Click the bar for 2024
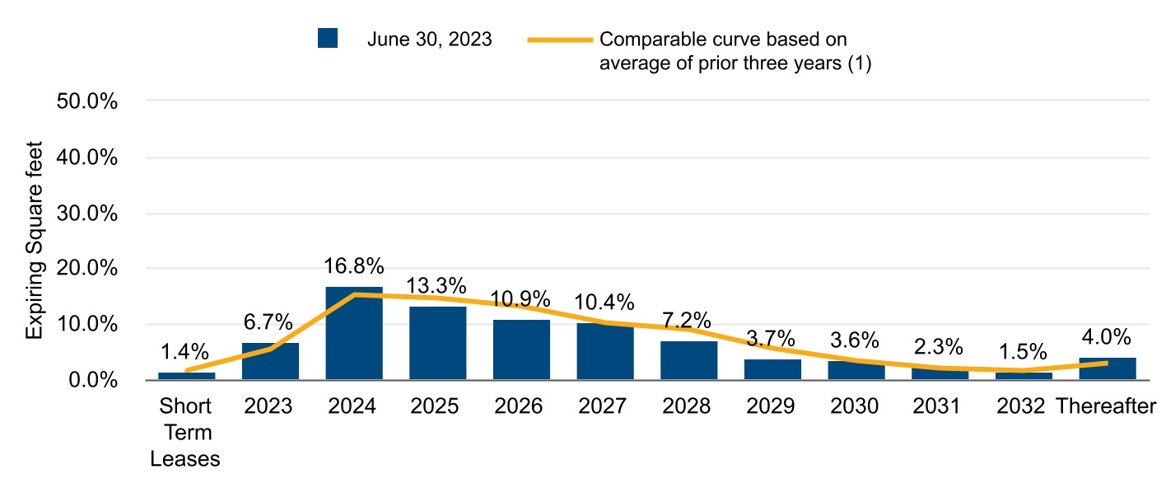click(x=354, y=333)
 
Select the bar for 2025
click(x=437, y=343)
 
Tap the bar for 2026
click(x=521, y=350)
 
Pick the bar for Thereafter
click(x=1108, y=368)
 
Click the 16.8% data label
click(x=354, y=266)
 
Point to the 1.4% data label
click(x=186, y=352)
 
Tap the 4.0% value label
click(x=1108, y=338)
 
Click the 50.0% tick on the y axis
click(x=86, y=101)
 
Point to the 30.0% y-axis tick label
click(x=86, y=213)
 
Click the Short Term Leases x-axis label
click(x=185, y=433)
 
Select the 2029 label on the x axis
click(x=772, y=406)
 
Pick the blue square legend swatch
click(x=328, y=39)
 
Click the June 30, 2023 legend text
click(x=429, y=40)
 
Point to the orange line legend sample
click(x=560, y=40)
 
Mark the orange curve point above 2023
click(x=270, y=349)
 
